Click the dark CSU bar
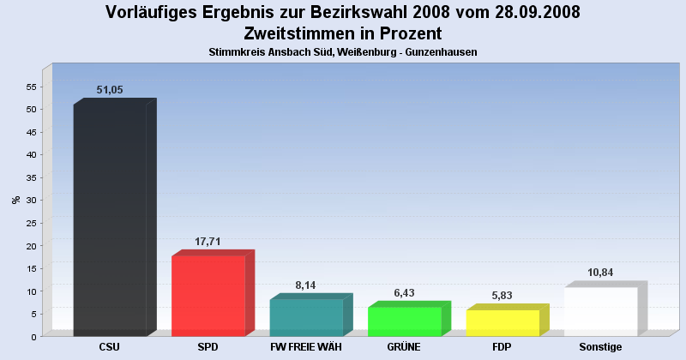coord(110,219)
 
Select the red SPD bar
coord(208,296)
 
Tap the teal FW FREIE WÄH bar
coord(306,317)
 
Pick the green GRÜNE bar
coord(404,321)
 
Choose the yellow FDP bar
coord(502,322)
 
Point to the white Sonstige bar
coord(600,311)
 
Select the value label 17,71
coord(208,242)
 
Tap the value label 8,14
coord(306,285)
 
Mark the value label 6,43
coord(404,293)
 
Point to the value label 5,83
coord(502,296)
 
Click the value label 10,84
coord(600,273)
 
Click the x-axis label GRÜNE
coord(404,348)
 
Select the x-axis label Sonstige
coord(600,348)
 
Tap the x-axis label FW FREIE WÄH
coord(306,348)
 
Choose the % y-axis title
coord(15,201)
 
